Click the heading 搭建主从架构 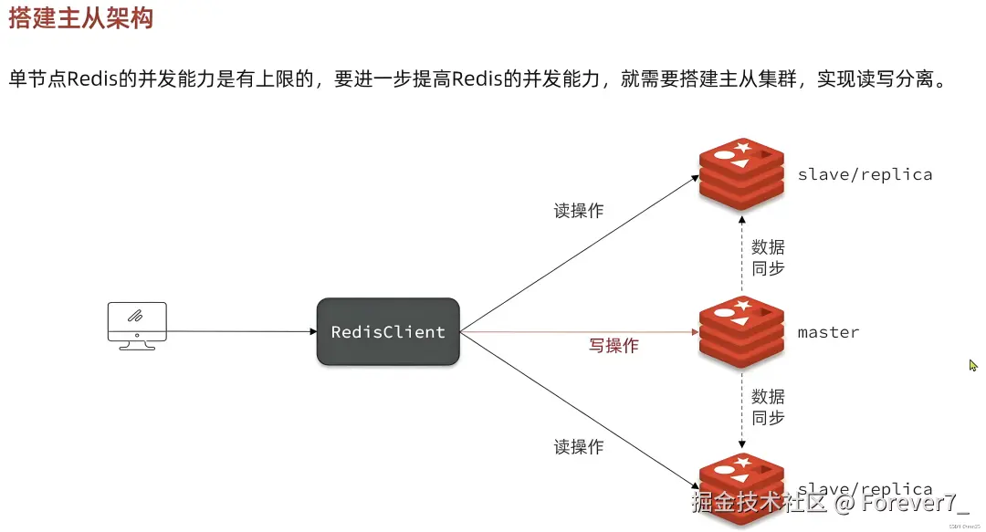point(80,18)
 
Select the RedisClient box point(388,332)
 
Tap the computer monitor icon point(137,325)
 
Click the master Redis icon point(741,332)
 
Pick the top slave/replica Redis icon point(741,174)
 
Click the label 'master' point(828,332)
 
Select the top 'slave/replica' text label point(865,174)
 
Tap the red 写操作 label point(613,346)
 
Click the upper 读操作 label point(578,211)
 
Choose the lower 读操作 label point(578,447)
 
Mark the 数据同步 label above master point(768,257)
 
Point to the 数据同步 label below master point(768,407)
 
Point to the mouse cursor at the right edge point(973,365)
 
